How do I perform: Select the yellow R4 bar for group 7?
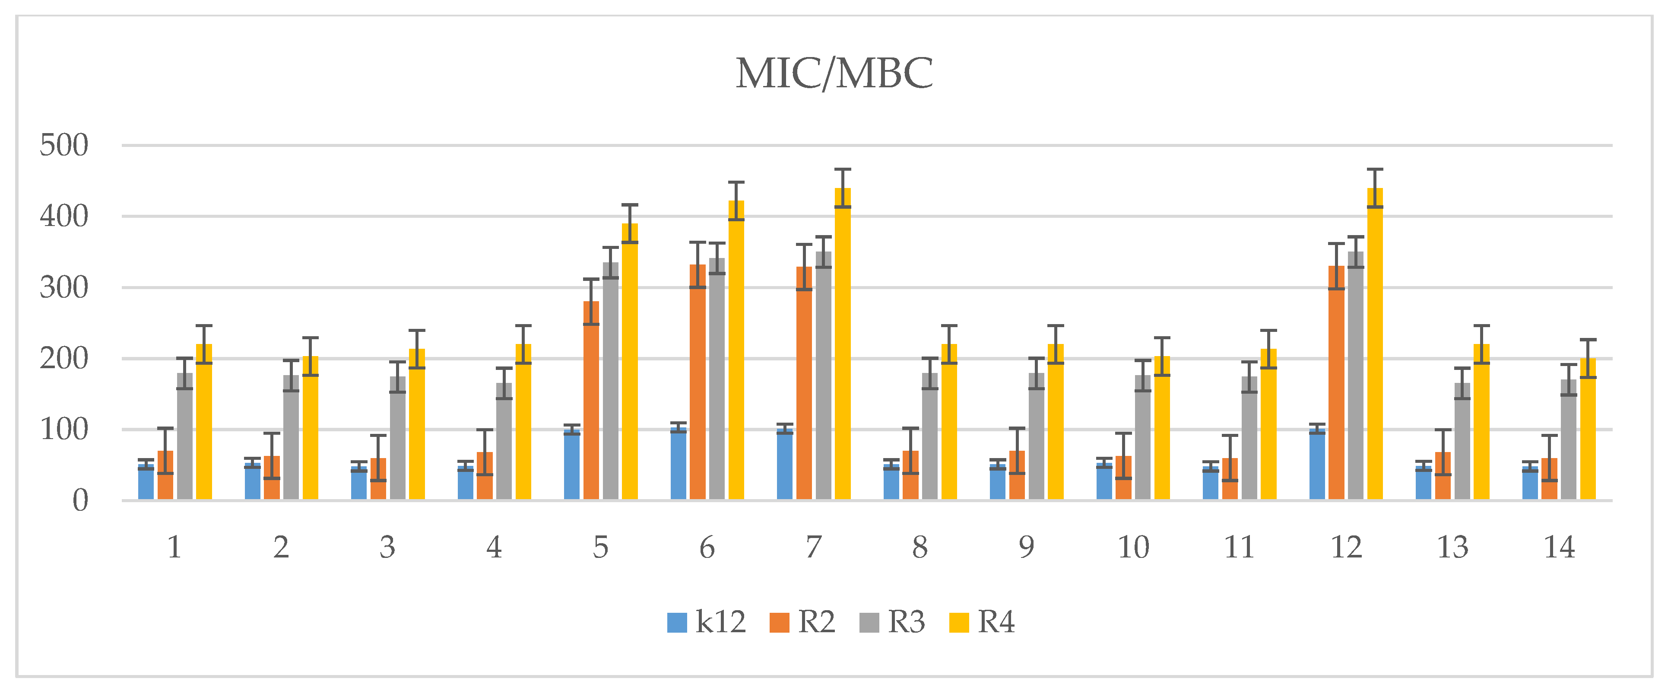843,344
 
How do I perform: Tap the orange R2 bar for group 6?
698,383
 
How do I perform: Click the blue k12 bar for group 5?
571,465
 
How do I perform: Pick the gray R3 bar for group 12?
1355,376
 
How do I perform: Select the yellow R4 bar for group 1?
204,422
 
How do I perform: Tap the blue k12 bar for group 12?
1317,465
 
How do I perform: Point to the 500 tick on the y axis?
63,145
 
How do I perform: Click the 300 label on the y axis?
63,287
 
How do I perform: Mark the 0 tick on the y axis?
80,500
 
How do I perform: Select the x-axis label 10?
1132,548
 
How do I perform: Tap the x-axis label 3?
387,548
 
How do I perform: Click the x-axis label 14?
1559,548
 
